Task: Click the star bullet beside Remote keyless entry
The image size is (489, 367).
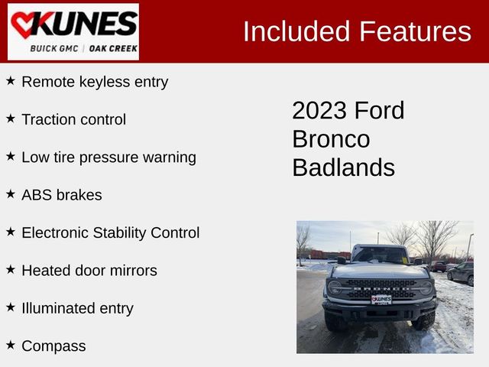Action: point(11,80)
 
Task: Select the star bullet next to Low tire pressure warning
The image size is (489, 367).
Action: point(11,156)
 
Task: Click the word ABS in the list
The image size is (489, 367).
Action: point(37,195)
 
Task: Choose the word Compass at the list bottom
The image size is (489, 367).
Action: point(53,346)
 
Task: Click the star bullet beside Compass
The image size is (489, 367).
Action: point(11,345)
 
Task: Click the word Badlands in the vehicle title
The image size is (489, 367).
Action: point(343,167)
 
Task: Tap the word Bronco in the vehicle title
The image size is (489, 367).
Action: point(331,139)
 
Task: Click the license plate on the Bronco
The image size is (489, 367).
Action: point(381,299)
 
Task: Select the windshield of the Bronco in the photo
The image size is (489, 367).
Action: point(380,255)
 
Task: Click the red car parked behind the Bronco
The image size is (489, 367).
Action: point(438,266)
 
